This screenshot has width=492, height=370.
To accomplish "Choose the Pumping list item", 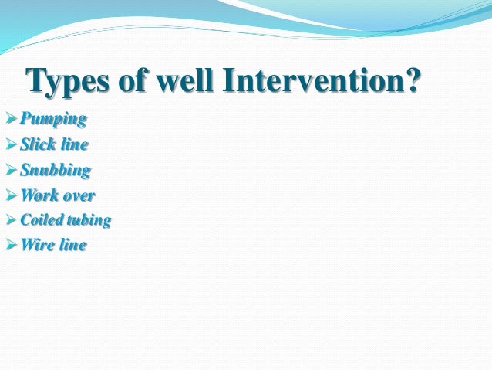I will point(53,119).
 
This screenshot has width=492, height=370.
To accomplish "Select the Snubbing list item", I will point(55,170).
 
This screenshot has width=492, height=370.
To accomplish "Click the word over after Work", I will point(78,195).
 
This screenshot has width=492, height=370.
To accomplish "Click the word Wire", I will point(35,246).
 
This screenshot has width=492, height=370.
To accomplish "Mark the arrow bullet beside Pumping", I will point(10,119).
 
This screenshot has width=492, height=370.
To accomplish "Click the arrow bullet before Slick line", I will point(10,144).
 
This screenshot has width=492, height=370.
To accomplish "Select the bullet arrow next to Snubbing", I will point(10,170).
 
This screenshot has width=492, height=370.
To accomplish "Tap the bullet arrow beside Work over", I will point(10,195).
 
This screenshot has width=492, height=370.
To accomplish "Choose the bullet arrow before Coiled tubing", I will point(10,220).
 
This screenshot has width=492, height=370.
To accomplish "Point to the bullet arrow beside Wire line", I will point(10,246).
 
